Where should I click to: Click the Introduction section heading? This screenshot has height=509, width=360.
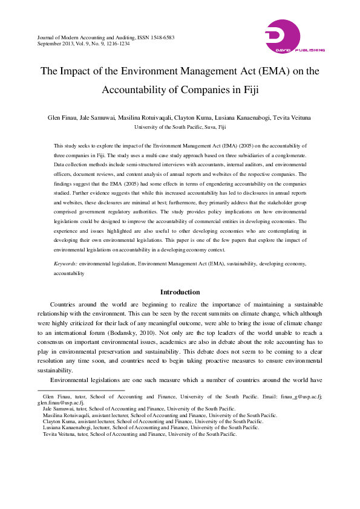[x=180, y=292]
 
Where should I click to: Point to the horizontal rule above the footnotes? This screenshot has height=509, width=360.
[x=81, y=391]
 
